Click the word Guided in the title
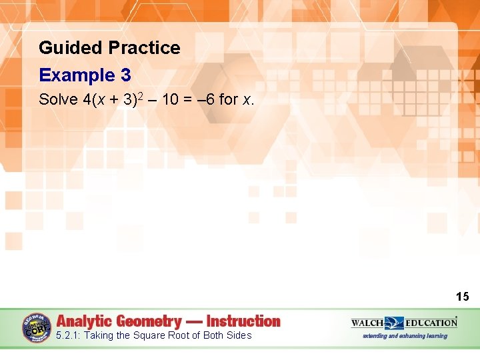click(61, 48)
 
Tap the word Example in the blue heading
click(75, 75)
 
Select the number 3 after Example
click(126, 75)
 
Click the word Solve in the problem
click(58, 100)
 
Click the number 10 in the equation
click(170, 100)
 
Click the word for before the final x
click(229, 100)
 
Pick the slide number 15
click(463, 297)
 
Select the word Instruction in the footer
click(243, 321)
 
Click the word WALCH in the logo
click(367, 323)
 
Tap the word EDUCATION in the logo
click(430, 323)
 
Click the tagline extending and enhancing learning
click(405, 336)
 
